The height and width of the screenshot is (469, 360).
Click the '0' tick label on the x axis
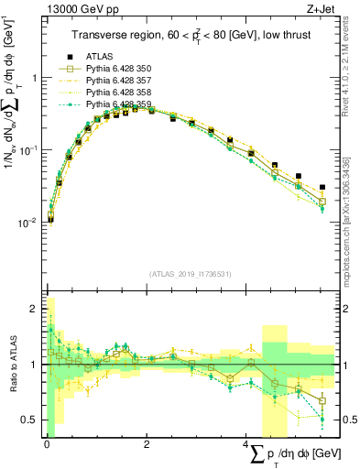click(47, 443)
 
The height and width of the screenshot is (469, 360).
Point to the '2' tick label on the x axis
click(147, 443)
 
